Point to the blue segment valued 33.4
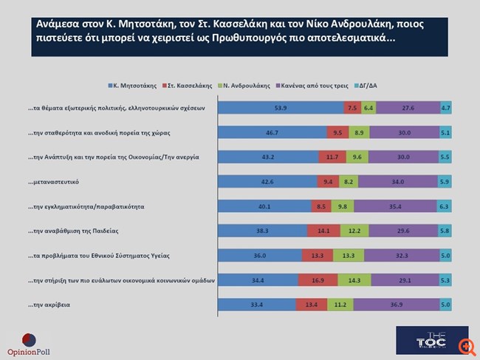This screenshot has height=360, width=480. pyautogui.click(x=256, y=305)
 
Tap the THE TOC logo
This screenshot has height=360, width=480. pyautogui.click(x=421, y=339)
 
